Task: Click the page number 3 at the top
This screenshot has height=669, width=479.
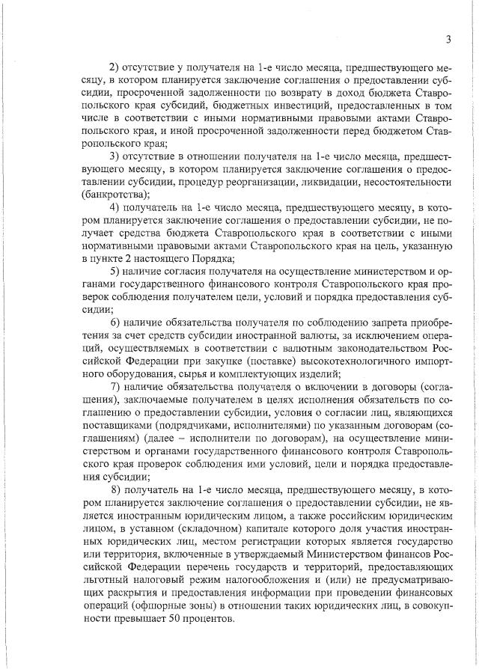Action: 447,40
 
